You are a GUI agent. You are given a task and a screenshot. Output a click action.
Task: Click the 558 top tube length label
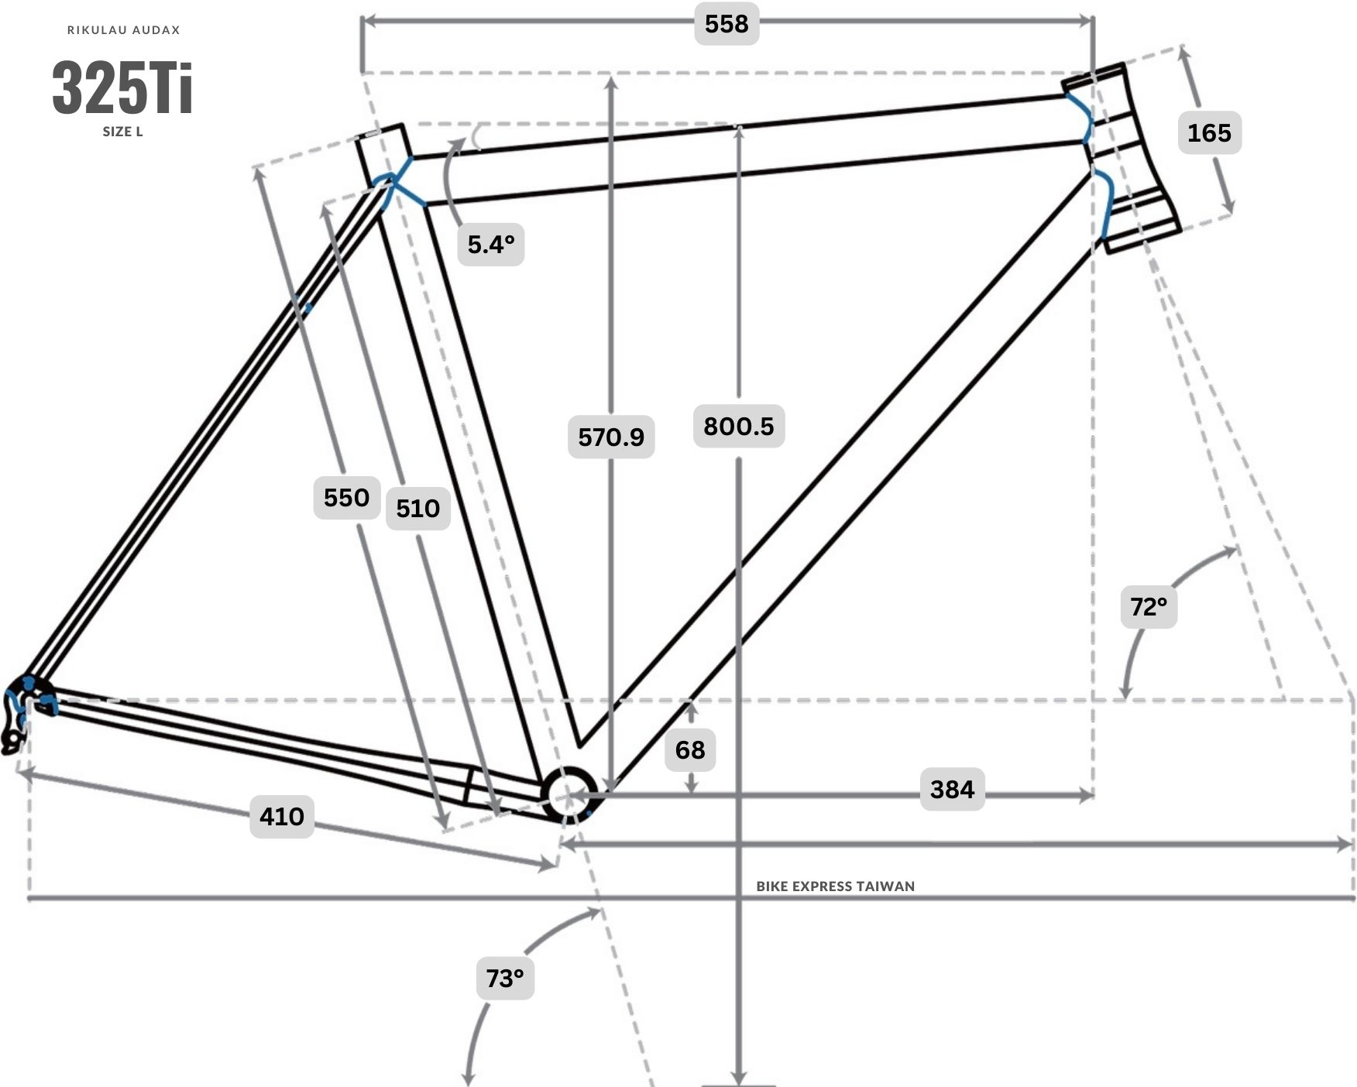727,24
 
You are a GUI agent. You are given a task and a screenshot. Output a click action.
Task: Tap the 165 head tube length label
1209,132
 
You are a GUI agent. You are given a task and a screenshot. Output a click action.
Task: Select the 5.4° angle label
491,245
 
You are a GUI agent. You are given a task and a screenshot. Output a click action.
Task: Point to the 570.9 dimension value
611,437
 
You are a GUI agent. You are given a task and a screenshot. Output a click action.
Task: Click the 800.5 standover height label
739,426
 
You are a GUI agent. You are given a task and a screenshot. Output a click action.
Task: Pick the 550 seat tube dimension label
346,497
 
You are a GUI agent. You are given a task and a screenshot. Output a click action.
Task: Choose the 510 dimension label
418,508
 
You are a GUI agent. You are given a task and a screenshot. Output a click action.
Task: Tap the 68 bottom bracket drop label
690,749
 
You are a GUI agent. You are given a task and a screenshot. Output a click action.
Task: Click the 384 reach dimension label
952,789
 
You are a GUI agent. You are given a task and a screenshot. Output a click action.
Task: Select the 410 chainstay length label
282,816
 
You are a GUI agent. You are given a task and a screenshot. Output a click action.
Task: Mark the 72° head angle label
1149,606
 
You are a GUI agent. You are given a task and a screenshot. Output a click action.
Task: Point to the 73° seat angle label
505,979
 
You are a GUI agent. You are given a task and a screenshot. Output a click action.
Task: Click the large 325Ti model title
122,87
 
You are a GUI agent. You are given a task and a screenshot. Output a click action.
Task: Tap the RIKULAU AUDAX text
124,30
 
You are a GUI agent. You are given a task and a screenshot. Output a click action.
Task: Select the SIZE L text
122,132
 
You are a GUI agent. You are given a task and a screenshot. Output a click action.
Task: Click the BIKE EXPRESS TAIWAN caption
835,886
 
